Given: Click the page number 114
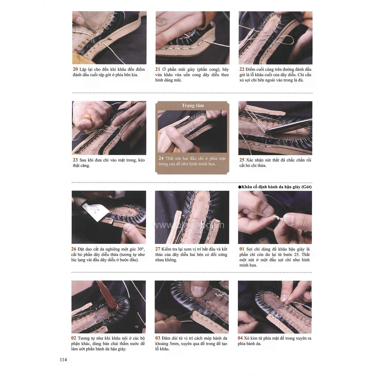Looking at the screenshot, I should (x=63, y=360).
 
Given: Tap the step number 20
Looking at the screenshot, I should (x=75, y=69).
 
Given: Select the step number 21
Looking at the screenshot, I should (x=158, y=69).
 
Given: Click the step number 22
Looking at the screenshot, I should (x=242, y=69).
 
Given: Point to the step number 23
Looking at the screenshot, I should (x=75, y=160).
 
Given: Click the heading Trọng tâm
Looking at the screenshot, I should (x=193, y=106).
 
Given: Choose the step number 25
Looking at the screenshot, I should (x=242, y=160).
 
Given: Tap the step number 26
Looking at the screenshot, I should (x=74, y=249).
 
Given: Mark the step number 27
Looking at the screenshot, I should (x=158, y=249).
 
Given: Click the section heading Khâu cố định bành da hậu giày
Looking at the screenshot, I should (x=276, y=187).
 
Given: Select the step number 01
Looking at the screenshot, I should (x=242, y=249).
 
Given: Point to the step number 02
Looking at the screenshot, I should (x=74, y=338).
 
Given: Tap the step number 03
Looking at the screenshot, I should (x=158, y=338).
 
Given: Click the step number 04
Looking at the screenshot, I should (x=240, y=338).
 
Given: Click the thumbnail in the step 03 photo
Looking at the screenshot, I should (x=198, y=288).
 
